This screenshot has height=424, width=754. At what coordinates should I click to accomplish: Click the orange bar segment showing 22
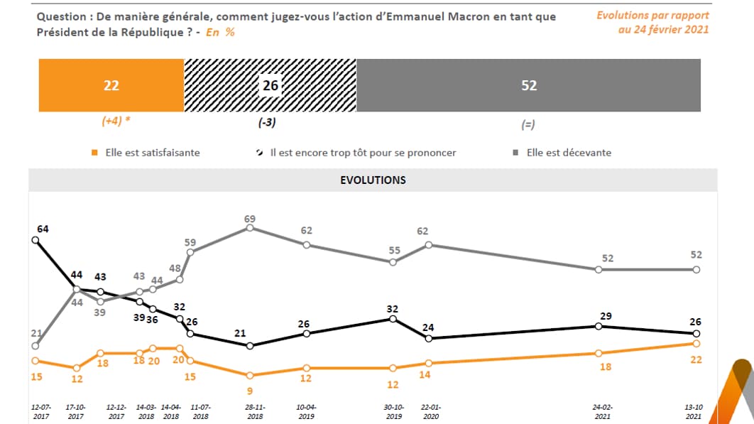click(x=111, y=85)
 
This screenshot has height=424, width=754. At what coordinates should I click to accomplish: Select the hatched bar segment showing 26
click(x=270, y=85)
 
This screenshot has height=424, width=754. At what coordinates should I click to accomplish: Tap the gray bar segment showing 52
click(x=528, y=85)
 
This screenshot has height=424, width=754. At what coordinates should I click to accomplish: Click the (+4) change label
click(x=115, y=121)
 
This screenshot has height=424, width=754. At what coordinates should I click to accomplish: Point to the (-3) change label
click(x=266, y=122)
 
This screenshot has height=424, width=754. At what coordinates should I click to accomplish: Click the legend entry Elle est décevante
click(x=568, y=153)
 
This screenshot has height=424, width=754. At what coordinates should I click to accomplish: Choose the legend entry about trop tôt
click(x=362, y=153)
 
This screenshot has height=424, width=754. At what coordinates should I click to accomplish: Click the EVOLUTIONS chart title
click(x=373, y=180)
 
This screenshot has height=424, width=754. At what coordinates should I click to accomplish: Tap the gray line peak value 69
click(x=249, y=219)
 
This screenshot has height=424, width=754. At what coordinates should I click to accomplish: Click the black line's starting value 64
click(x=43, y=229)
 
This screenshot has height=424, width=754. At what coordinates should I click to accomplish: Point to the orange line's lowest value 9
click(x=249, y=390)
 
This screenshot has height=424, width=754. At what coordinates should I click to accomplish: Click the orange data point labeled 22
click(x=696, y=343)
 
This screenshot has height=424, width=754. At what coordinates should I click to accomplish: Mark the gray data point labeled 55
click(x=393, y=261)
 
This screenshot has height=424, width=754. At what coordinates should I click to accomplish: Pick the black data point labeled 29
click(x=598, y=326)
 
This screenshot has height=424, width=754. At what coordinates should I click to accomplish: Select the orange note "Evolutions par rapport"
click(x=652, y=15)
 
